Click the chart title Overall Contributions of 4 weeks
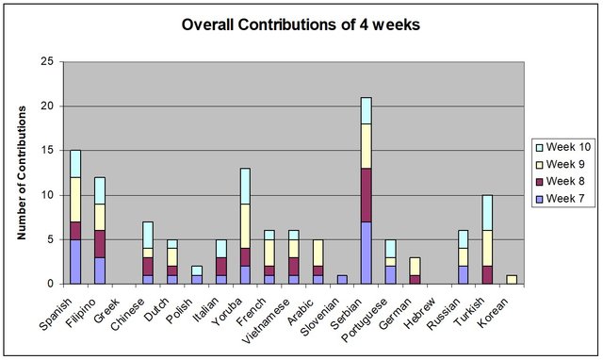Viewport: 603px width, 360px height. tap(301, 25)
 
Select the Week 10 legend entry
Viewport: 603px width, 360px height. tap(563, 147)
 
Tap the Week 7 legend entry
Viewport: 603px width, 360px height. tap(560, 199)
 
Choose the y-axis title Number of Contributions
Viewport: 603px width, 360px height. tap(22, 172)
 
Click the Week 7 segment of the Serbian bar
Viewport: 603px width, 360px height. tap(367, 253)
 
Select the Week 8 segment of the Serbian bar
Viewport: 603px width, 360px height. tap(367, 195)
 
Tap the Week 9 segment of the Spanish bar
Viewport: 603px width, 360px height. tap(75, 200)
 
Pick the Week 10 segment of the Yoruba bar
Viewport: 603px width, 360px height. tap(245, 187)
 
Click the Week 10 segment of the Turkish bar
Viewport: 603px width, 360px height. tap(487, 213)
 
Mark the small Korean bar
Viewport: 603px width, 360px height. tap(512, 280)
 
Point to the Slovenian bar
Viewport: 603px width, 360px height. tap(342, 280)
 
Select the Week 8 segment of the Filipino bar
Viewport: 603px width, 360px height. tap(100, 244)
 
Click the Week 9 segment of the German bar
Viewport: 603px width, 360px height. tap(415, 266)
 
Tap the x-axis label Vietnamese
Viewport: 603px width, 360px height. tap(269, 317)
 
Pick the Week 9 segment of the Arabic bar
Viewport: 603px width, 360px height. tap(318, 253)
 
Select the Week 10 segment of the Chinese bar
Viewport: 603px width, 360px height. tap(148, 235)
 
